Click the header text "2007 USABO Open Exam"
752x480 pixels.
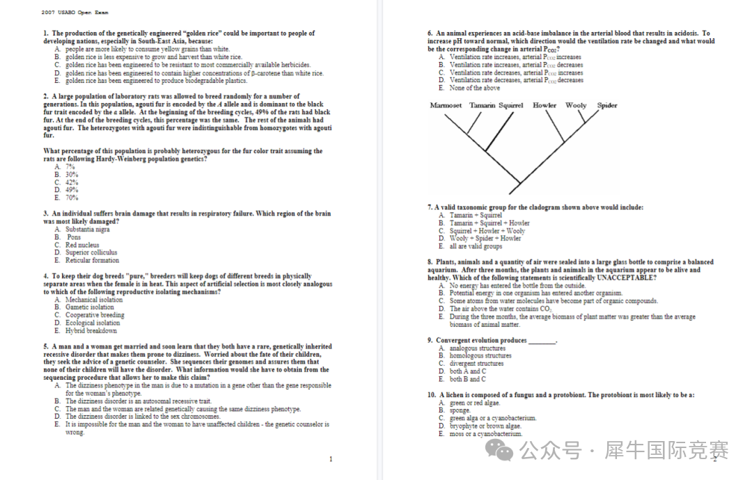pyautogui.click(x=75, y=13)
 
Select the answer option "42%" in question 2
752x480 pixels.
pyautogui.click(x=72, y=182)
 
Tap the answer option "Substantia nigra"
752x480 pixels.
pyautogui.click(x=87, y=230)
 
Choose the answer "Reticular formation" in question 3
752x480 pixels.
pyautogui.click(x=92, y=260)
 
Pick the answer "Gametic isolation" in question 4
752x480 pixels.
pyautogui.click(x=89, y=307)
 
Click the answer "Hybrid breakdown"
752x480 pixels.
pyautogui.click(x=91, y=331)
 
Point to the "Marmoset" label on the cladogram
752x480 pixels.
pyautogui.click(x=446, y=106)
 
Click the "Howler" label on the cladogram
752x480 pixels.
pyautogui.click(x=545, y=106)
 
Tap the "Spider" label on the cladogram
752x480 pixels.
pyautogui.click(x=607, y=106)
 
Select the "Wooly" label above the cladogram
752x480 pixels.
pyautogui.click(x=576, y=106)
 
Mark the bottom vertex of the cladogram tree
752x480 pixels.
pyautogui.click(x=519, y=193)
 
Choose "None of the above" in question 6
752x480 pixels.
pyautogui.click(x=474, y=88)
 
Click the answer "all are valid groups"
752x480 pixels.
pyautogui.click(x=476, y=246)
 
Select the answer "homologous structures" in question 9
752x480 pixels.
pyautogui.click(x=480, y=355)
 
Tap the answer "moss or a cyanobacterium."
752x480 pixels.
pyautogui.click(x=485, y=434)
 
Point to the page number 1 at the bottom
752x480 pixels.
pyautogui.click(x=331, y=459)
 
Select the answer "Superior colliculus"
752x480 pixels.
pyautogui.click(x=91, y=253)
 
